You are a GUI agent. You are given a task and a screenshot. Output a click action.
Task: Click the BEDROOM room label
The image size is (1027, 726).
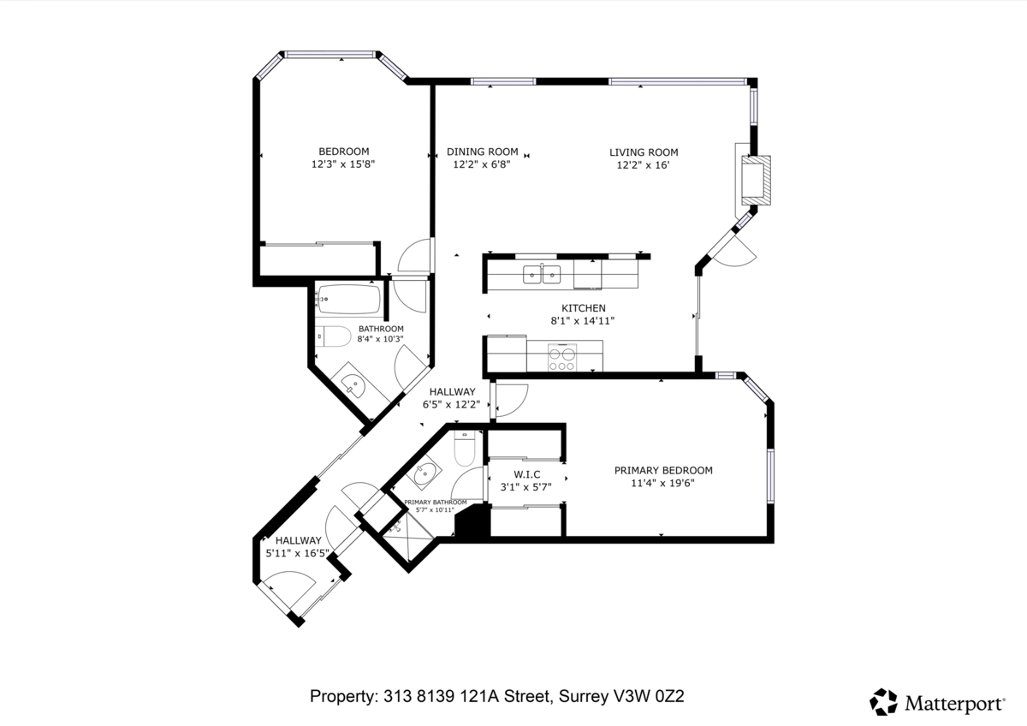point(344,152)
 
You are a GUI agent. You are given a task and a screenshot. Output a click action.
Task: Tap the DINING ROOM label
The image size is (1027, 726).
point(483,152)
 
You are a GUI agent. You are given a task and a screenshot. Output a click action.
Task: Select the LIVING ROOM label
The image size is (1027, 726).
point(644,152)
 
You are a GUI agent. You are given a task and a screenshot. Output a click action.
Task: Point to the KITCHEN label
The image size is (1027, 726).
point(584,308)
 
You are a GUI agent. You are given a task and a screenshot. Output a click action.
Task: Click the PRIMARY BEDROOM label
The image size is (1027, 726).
point(663,470)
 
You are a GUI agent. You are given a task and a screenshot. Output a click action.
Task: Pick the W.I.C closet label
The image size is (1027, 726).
point(527,474)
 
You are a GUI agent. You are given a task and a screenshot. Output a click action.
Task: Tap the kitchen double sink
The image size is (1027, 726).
point(542,274)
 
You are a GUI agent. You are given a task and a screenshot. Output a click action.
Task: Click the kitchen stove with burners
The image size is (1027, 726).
point(562,357)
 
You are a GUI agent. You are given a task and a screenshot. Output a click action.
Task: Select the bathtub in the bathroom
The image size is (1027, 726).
point(349,299)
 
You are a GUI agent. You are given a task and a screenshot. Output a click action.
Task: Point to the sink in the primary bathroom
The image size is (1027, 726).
point(424,473)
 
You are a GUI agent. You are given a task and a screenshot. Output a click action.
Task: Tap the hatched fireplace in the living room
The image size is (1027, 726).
point(756,181)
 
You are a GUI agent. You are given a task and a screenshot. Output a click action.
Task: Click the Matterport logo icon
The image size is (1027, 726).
point(883,702)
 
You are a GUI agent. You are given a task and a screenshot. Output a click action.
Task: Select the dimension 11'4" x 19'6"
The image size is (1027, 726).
point(663,483)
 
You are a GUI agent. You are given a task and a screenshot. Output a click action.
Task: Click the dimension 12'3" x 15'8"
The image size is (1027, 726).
point(343,164)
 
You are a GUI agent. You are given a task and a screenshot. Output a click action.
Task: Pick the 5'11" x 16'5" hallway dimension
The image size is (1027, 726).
point(298,553)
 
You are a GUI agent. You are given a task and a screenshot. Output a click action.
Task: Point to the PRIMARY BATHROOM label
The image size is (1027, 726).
point(435,503)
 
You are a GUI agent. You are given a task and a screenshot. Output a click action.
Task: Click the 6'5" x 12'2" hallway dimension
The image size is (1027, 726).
point(452,404)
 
